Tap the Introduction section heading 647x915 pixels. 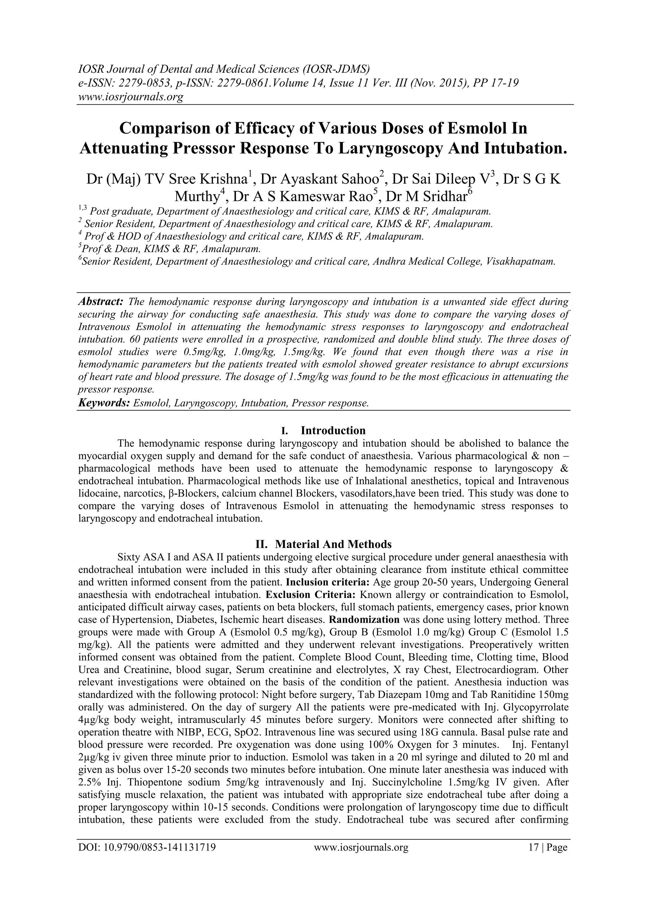[333, 430]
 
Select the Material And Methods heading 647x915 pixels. [333, 544]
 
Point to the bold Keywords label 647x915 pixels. [104, 403]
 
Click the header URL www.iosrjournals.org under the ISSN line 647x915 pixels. [130, 97]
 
